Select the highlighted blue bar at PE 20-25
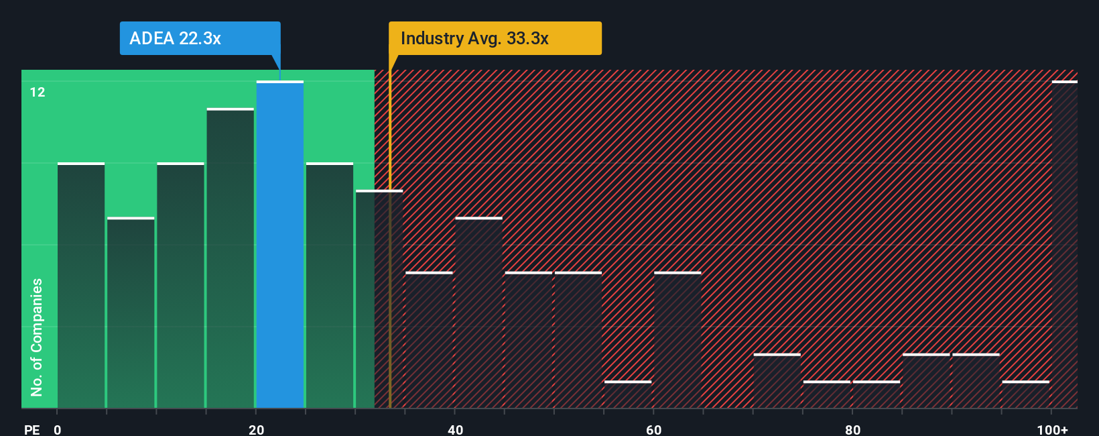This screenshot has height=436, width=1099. (280, 245)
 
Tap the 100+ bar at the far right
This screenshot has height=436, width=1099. (1064, 245)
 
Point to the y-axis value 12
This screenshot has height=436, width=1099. (38, 93)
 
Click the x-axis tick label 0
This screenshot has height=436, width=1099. (58, 429)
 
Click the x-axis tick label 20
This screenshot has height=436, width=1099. (256, 429)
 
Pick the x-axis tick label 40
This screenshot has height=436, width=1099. (455, 429)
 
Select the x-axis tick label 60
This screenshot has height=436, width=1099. (654, 429)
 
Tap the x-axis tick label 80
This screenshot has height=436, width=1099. (852, 429)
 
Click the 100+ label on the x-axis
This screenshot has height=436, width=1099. (1052, 429)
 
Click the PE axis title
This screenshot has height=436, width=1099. (31, 429)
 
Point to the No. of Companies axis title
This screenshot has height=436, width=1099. (37, 337)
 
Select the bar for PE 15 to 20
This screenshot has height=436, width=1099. (231, 258)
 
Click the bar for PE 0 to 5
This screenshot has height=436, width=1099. (81, 285)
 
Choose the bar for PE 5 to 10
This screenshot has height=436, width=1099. (131, 313)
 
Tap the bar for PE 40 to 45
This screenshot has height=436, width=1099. (478, 313)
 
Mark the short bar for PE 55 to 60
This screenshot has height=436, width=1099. (628, 394)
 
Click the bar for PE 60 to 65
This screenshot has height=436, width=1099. (677, 340)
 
